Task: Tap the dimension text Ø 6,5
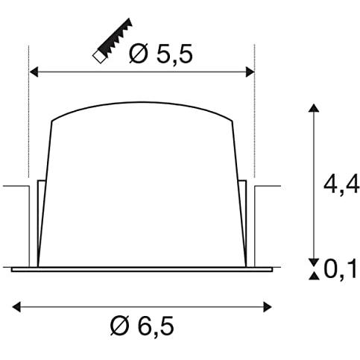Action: tap(145, 326)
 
